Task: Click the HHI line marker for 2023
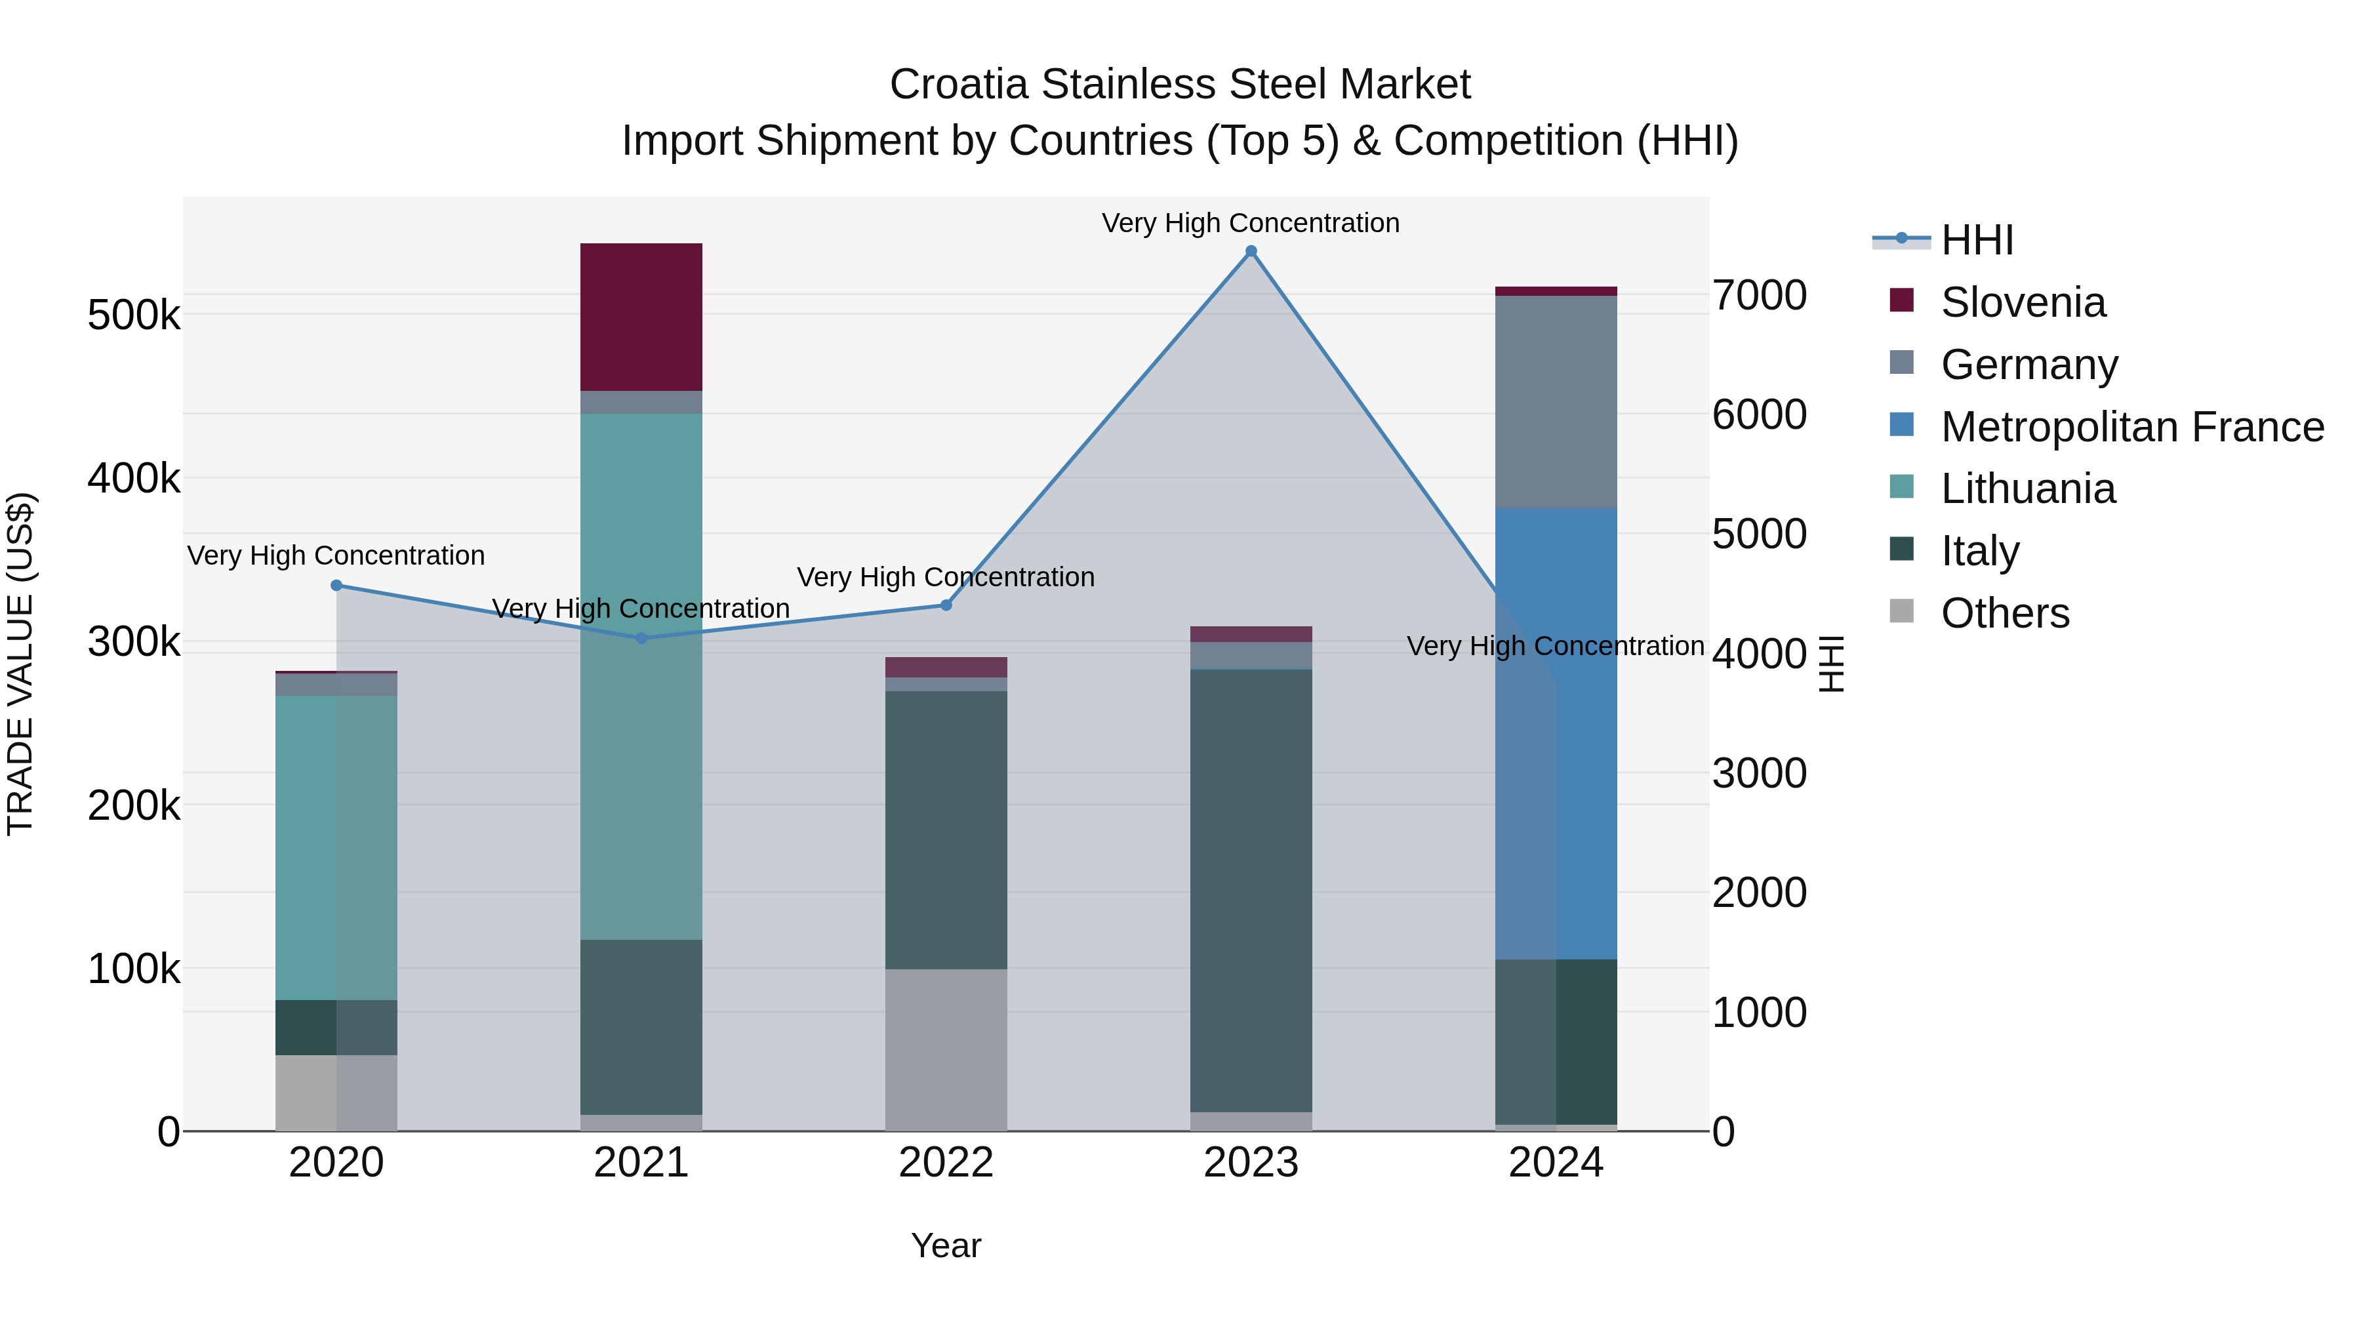(x=1251, y=251)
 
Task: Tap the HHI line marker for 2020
(x=336, y=586)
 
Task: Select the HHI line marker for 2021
(x=641, y=639)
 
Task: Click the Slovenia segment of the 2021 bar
(x=641, y=317)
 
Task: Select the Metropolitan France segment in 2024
(x=1556, y=733)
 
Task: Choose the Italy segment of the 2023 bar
(x=1251, y=890)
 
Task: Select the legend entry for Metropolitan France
(x=2132, y=427)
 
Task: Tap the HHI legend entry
(x=1977, y=240)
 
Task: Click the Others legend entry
(x=2004, y=613)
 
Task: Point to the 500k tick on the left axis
(x=134, y=315)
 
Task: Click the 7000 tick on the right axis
(x=1759, y=295)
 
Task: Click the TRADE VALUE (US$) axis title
(x=20, y=664)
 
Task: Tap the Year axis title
(x=946, y=1245)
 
